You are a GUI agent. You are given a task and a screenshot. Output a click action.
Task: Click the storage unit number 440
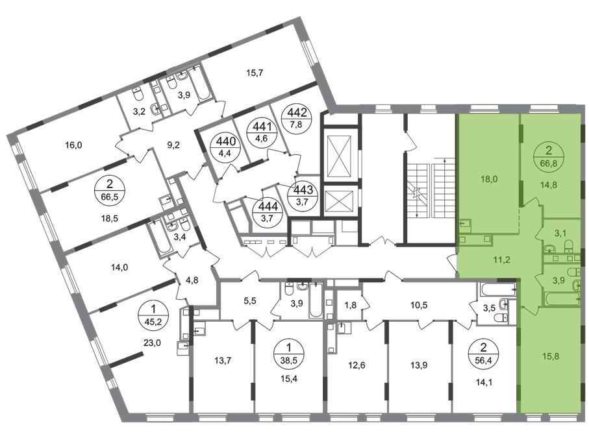pyautogui.click(x=226, y=141)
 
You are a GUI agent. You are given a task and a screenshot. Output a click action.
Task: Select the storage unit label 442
pyautogui.click(x=297, y=112)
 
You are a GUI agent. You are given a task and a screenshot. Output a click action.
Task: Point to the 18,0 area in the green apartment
pyautogui.click(x=489, y=179)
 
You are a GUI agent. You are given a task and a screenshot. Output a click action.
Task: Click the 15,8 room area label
pyautogui.click(x=551, y=356)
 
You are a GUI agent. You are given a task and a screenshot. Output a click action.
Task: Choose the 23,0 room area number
pyautogui.click(x=152, y=342)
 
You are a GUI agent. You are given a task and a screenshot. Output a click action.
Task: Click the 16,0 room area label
pyautogui.click(x=73, y=145)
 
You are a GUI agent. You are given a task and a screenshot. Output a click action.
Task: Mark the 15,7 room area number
pyautogui.click(x=255, y=73)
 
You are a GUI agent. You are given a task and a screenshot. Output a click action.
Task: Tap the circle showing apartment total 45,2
pyautogui.click(x=153, y=315)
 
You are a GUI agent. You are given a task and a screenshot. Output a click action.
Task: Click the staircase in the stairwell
pyautogui.click(x=431, y=191)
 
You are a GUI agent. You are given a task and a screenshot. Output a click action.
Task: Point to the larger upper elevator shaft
pyautogui.click(x=340, y=156)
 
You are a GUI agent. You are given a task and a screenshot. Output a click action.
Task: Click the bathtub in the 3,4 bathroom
pyautogui.click(x=155, y=237)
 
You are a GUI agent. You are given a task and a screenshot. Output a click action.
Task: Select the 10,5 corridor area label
pyautogui.click(x=419, y=305)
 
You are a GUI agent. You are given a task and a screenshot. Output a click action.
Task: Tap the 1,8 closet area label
pyautogui.click(x=351, y=305)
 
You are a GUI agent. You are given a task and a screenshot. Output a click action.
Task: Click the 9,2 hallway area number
pyautogui.click(x=173, y=145)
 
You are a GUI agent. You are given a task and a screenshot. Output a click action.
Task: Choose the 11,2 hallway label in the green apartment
pyautogui.click(x=501, y=260)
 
